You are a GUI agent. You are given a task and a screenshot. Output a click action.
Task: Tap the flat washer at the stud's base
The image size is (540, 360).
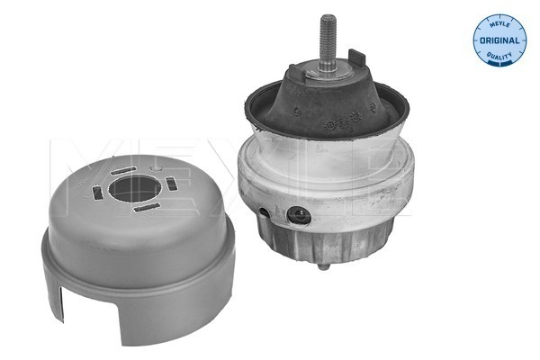point(328,72)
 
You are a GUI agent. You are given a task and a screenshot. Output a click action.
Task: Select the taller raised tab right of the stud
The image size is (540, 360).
point(357,58)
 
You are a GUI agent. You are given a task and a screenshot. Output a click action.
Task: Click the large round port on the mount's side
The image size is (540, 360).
point(299,216)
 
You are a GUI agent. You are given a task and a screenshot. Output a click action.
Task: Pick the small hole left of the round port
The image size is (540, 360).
point(264,212)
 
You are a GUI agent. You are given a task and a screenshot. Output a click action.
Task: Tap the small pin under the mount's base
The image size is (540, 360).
point(323,266)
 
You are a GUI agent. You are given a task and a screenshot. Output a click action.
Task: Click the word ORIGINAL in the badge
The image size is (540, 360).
point(499,40)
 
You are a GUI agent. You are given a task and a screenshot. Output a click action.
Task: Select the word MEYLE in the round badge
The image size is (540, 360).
point(499,23)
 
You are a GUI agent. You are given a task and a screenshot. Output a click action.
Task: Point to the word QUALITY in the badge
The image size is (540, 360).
point(499,55)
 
